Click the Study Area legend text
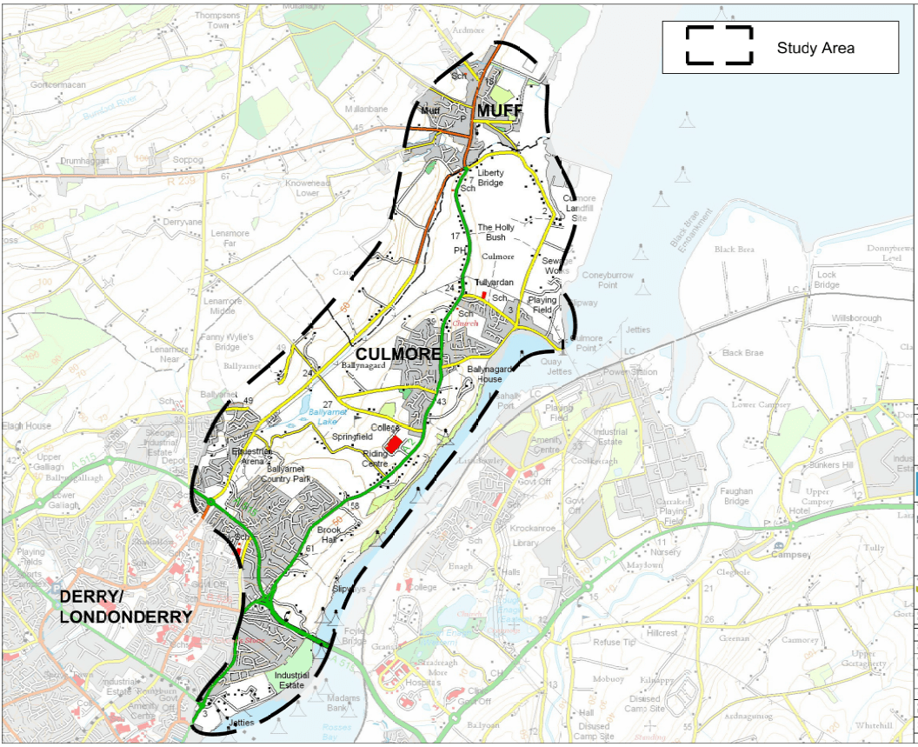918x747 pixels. (x=815, y=48)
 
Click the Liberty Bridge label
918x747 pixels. (x=490, y=178)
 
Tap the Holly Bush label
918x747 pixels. (x=496, y=232)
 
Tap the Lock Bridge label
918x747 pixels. (x=827, y=280)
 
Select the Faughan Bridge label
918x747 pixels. (x=735, y=497)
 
